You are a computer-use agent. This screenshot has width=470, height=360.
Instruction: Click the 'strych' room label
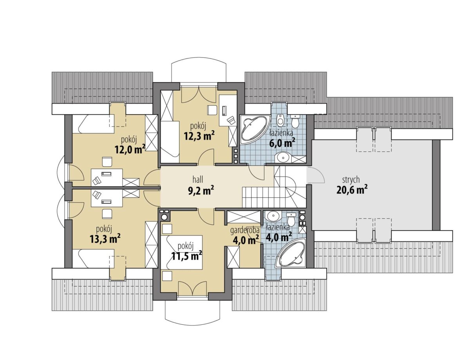[351, 180]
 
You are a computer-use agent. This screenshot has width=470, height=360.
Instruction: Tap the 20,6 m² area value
[352, 190]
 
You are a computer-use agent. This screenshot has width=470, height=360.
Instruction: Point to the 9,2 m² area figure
[201, 191]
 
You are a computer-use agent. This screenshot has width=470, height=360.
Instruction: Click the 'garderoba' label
[245, 231]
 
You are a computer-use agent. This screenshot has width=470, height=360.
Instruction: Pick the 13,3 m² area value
[105, 239]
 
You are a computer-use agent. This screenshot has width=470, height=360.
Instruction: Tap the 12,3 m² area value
[199, 135]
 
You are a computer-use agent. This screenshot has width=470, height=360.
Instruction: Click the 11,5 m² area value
[187, 256]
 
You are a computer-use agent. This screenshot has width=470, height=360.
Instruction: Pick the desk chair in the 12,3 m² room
[212, 110]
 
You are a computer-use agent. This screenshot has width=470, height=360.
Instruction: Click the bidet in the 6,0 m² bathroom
[281, 120]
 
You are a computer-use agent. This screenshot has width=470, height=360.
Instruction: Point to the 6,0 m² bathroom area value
[282, 142]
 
